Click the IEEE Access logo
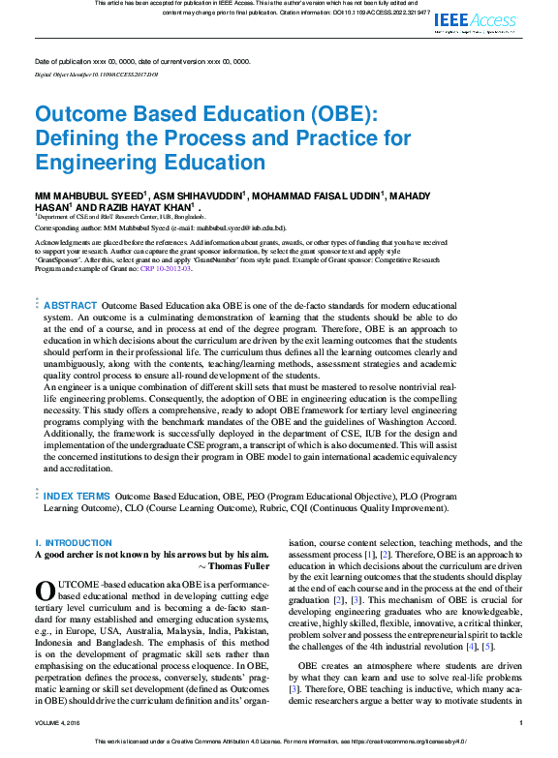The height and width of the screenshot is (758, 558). (476, 21)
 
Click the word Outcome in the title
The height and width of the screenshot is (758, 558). (85, 114)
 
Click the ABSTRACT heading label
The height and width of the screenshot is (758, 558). (71, 305)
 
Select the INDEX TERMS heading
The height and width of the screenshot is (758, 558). (77, 496)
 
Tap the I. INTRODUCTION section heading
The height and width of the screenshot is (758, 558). (74, 543)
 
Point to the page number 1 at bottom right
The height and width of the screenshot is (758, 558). (521, 749)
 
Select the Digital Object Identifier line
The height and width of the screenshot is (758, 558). (82, 74)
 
